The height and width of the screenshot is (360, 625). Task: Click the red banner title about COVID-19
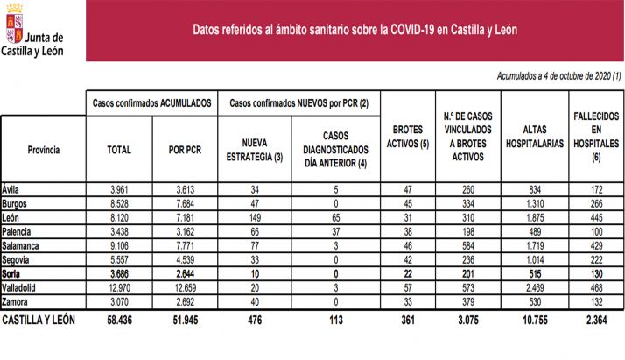click(355, 29)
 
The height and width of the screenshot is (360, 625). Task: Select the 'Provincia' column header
click(43, 150)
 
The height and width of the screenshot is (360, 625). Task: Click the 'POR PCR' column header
click(185, 150)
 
